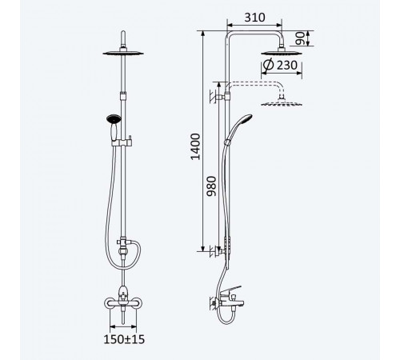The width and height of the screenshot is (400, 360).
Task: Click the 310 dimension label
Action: (x=254, y=18)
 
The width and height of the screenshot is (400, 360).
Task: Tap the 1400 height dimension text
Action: (x=196, y=146)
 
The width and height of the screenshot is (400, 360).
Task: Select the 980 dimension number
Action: (x=212, y=186)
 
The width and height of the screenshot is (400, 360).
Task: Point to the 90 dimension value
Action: (x=300, y=38)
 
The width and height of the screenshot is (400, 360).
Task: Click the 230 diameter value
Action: (x=287, y=65)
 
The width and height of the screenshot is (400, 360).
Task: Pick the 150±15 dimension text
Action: (x=124, y=339)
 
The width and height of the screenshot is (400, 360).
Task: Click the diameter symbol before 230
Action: (x=268, y=65)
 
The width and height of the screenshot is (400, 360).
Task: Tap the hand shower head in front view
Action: (x=114, y=119)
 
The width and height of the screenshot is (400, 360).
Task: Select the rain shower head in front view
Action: (x=123, y=53)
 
